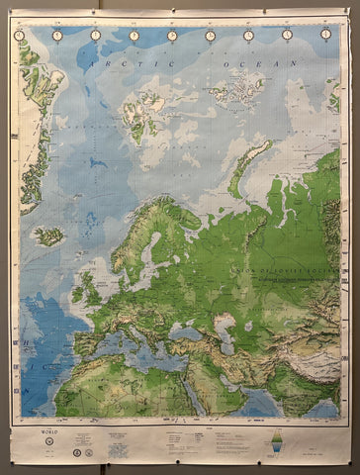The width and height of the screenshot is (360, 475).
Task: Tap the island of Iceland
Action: pos(48,237)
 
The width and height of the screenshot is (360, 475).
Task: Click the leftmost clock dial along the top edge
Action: pos(20,35)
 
